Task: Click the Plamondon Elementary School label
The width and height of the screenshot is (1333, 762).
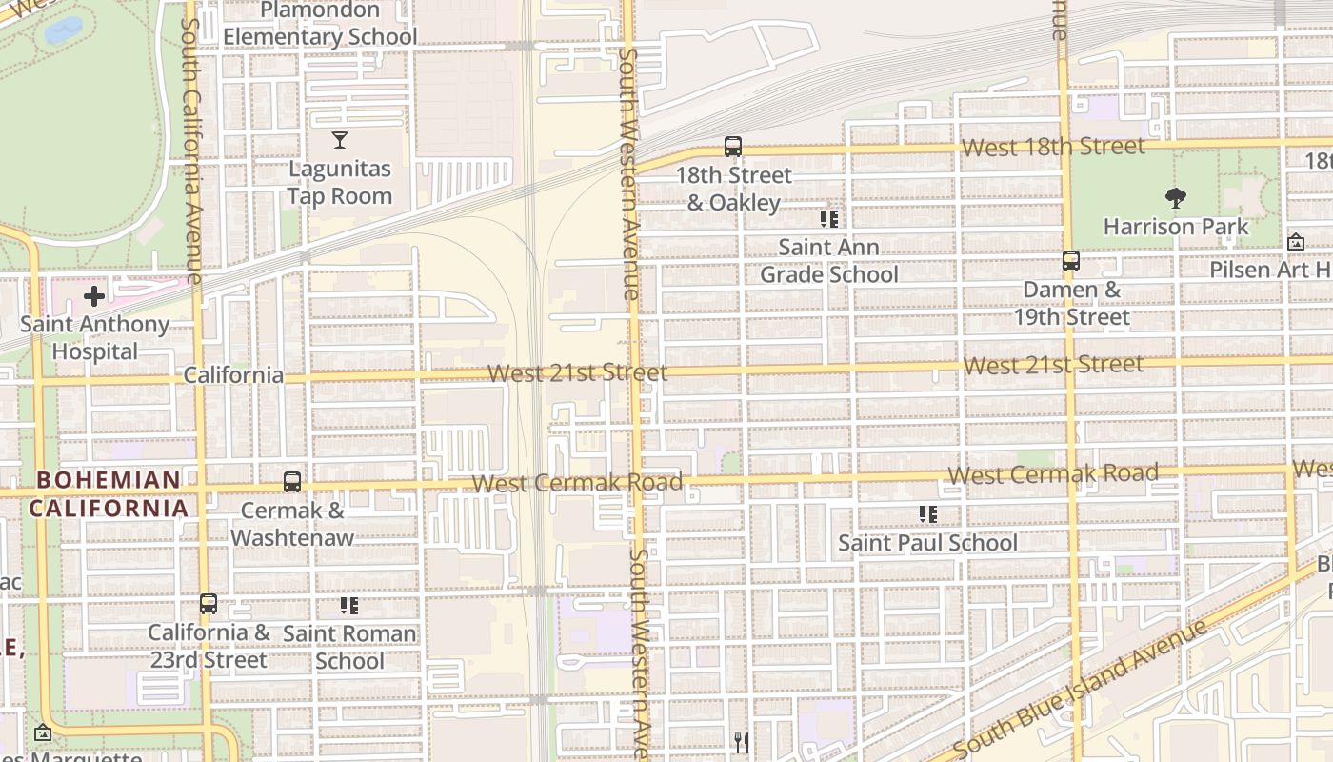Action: [320, 24]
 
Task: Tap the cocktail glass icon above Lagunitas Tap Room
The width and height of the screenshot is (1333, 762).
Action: [340, 141]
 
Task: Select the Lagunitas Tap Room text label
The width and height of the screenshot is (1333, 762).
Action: [340, 183]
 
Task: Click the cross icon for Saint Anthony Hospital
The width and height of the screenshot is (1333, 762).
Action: [94, 296]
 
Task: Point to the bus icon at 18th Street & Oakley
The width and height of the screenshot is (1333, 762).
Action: [732, 147]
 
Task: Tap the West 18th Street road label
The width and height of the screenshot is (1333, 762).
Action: [1053, 147]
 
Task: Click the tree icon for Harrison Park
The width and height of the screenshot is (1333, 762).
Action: [1176, 198]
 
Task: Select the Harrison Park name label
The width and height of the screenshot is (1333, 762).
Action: [1176, 227]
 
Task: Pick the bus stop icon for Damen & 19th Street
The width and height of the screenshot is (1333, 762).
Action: [1071, 261]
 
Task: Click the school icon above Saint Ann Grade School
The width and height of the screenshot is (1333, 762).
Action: [829, 219]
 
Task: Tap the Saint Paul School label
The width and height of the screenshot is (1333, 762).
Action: [927, 543]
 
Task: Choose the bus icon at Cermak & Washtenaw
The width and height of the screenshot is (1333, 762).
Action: [292, 482]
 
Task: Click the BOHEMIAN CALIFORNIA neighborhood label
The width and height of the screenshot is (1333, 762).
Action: [109, 493]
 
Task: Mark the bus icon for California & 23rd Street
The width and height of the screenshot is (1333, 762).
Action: [209, 604]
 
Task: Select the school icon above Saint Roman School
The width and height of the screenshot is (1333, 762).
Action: [349, 606]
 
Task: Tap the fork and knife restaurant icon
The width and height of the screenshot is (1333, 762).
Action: [741, 742]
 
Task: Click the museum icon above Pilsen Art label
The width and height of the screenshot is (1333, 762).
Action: [1295, 242]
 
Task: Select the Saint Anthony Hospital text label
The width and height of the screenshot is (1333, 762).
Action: [94, 338]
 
